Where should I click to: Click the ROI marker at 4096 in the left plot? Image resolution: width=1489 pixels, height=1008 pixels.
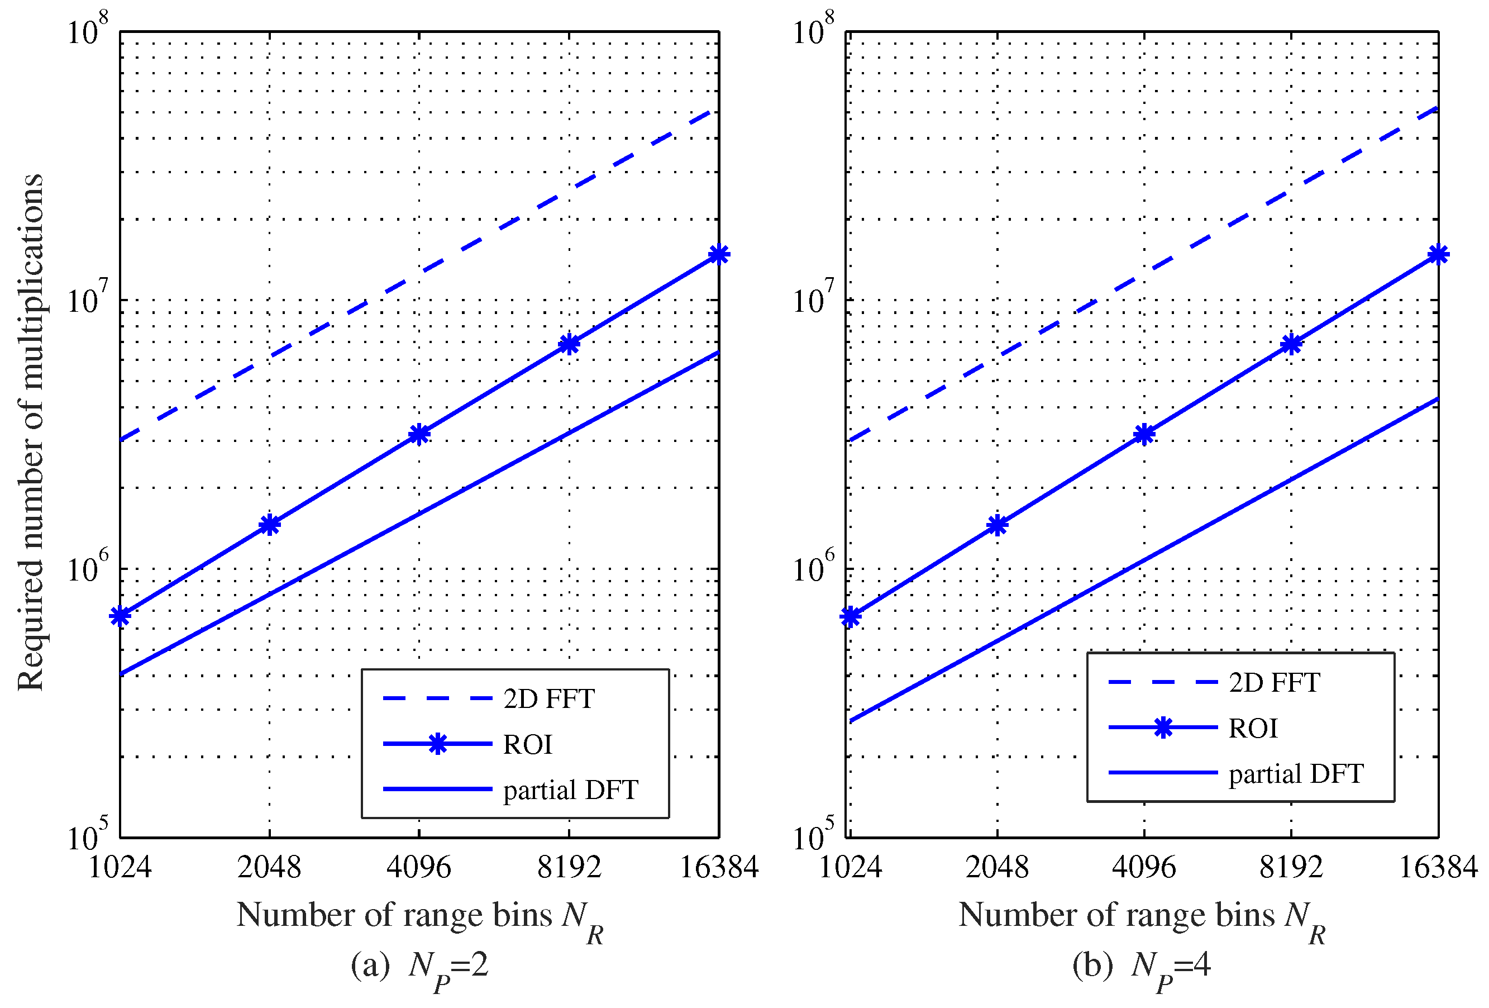418,435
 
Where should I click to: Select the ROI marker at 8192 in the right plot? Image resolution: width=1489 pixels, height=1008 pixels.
1291,344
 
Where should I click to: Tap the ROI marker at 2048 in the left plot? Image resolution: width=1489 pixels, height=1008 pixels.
270,525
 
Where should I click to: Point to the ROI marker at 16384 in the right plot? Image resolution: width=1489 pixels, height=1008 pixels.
1438,254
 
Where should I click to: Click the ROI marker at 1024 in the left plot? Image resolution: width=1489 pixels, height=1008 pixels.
120,616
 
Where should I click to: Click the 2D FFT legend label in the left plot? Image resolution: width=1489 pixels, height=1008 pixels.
549,699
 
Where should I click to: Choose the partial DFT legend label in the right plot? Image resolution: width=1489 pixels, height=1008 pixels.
1296,774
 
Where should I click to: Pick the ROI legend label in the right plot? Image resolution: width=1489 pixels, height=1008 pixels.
1253,729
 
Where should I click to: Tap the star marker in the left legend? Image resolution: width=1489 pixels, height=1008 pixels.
438,744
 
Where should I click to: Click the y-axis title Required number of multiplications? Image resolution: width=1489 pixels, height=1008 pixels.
31,432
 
